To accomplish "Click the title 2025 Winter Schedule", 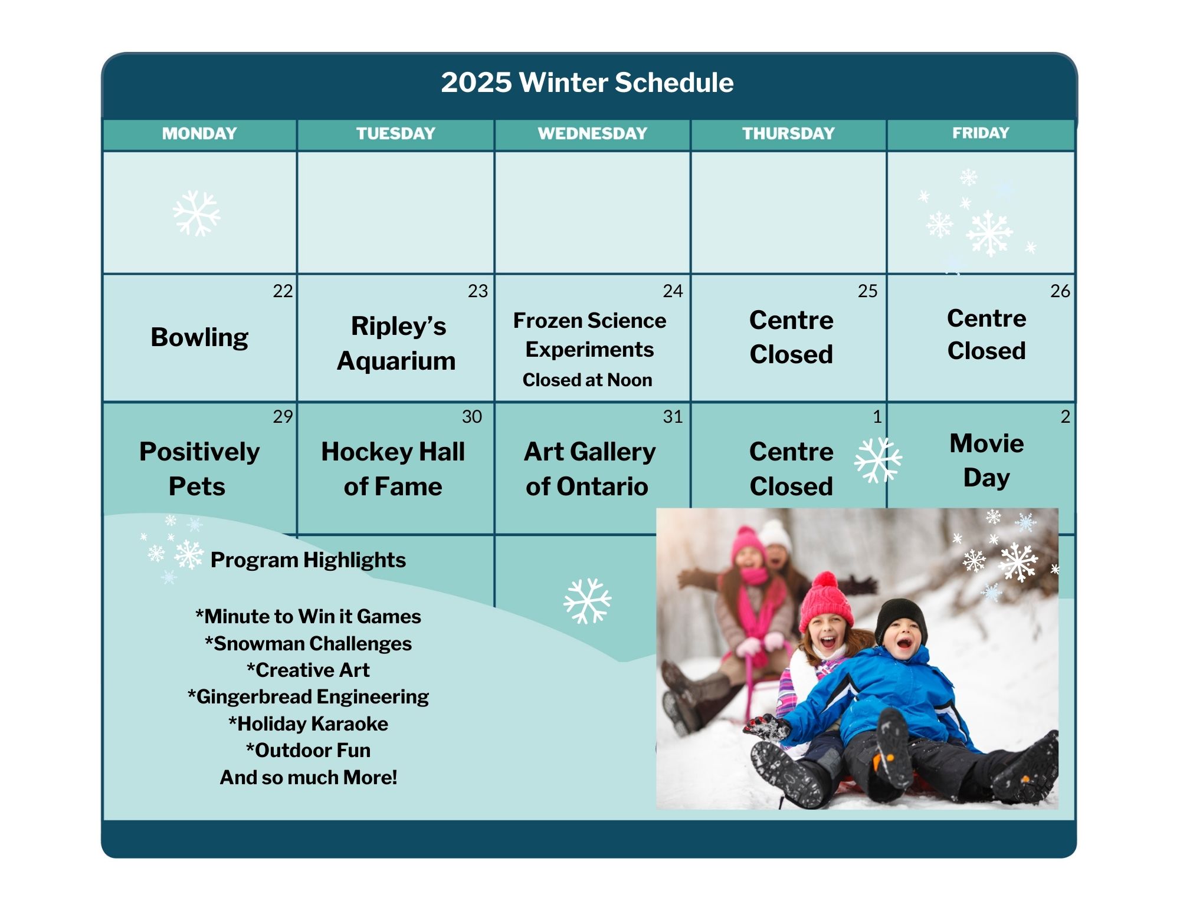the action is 587,83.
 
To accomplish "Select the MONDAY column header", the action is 199,133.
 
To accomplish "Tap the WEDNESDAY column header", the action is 592,133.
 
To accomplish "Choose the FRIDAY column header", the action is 981,133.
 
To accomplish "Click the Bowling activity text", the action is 199,338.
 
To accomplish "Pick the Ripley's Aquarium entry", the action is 396,343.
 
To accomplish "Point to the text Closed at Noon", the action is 587,380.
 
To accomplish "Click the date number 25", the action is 867,291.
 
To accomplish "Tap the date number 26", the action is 1060,291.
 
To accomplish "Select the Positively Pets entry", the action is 199,469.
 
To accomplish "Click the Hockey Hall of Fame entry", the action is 393,469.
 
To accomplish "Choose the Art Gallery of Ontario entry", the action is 589,469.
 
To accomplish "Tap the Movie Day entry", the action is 986,461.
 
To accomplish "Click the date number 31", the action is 673,417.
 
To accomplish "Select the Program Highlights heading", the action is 308,560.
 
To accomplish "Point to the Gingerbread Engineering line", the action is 308,697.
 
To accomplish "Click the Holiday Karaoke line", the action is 308,723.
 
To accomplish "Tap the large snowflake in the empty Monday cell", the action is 196,213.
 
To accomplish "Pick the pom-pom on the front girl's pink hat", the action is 824,581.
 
